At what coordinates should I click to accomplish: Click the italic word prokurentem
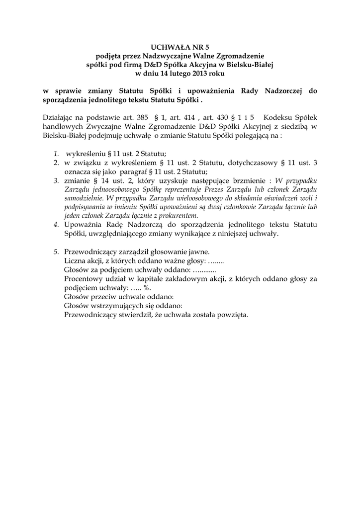(175, 215)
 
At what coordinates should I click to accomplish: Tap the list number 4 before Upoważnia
(56, 224)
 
